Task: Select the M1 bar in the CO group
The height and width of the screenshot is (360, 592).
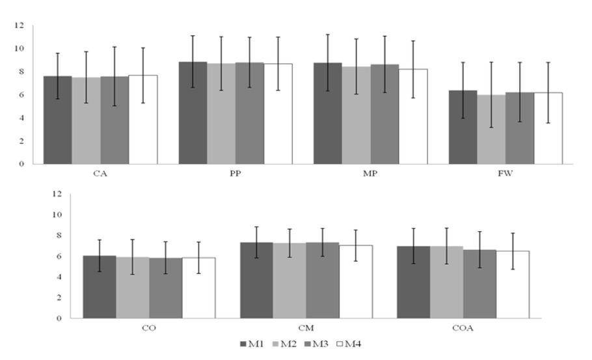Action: coord(99,287)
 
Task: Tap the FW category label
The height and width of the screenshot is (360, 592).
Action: coord(506,174)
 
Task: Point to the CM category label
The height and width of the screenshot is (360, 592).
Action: coord(306,328)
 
